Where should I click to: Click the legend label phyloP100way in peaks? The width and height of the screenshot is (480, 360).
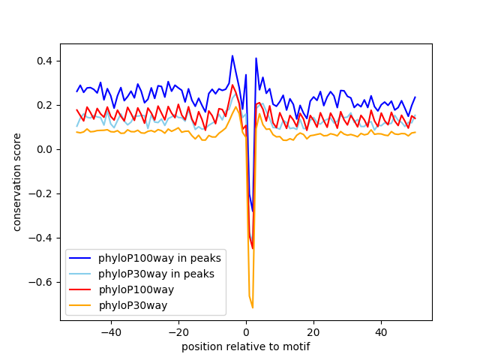[x=159, y=258]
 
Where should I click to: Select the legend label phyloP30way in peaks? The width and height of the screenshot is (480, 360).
[x=156, y=274]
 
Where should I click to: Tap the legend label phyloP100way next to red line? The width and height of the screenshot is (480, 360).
[x=136, y=289]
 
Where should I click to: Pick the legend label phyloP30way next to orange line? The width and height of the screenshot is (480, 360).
[x=133, y=305]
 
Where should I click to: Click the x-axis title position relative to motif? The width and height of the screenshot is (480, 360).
[x=245, y=346]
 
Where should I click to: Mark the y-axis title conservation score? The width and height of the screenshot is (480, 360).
[x=16, y=182]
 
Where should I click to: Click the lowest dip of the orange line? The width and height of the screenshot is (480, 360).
[x=253, y=307]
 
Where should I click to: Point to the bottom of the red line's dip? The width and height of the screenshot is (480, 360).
[x=253, y=248]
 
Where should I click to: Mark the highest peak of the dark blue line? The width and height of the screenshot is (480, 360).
[x=232, y=55]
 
